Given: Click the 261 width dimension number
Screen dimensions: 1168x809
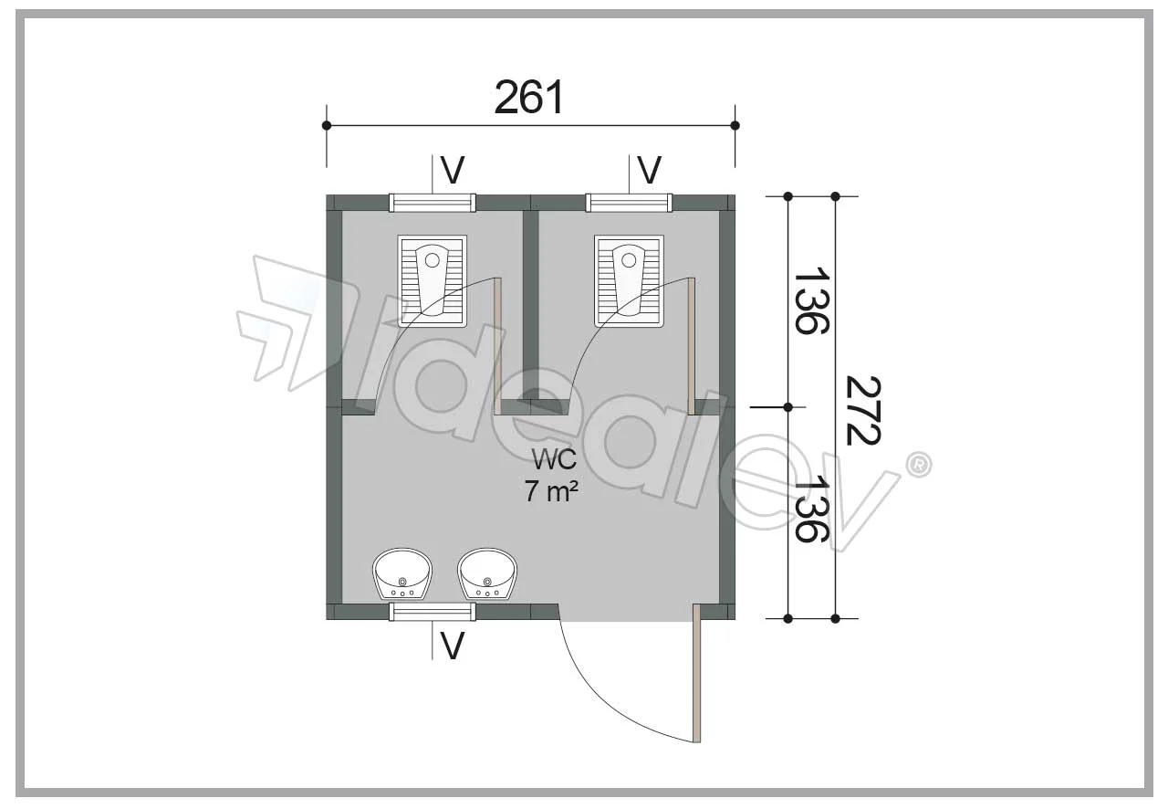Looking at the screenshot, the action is coord(528,98).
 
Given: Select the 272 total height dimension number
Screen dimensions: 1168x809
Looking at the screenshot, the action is coord(862,411).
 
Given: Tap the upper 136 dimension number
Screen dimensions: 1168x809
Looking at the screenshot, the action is coord(811,300).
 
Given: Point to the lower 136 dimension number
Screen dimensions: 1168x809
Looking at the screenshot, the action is coord(811,509).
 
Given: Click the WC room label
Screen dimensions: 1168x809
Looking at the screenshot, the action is coord(554,459).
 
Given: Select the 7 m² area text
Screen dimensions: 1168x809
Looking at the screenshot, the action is coord(551,491).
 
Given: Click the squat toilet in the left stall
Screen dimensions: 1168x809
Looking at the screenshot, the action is coord(433,281).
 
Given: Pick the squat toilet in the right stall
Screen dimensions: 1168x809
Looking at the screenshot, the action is coord(629,281).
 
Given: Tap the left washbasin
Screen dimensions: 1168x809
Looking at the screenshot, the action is coord(402,573).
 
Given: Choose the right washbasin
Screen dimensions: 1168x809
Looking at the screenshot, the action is coord(487,573).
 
